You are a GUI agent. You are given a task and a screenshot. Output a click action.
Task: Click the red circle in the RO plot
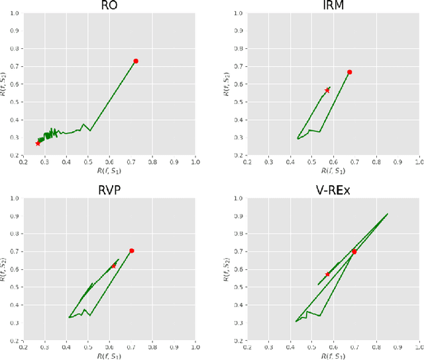coord(136,61)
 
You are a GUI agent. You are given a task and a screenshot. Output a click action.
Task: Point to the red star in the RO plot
coord(38,143)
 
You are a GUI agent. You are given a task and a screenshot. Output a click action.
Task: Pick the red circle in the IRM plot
coord(350,72)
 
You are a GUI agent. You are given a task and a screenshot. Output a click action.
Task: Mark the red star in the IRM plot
coord(327,91)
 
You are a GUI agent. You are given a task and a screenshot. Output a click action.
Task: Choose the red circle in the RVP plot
coord(132,251)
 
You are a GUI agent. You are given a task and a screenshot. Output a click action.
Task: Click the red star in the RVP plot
coord(114,266)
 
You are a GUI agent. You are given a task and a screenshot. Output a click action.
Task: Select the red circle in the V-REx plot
coord(354,251)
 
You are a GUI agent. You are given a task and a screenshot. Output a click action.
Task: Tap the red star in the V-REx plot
coord(327,274)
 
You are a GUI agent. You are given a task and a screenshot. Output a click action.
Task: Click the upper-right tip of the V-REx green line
coord(388,214)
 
